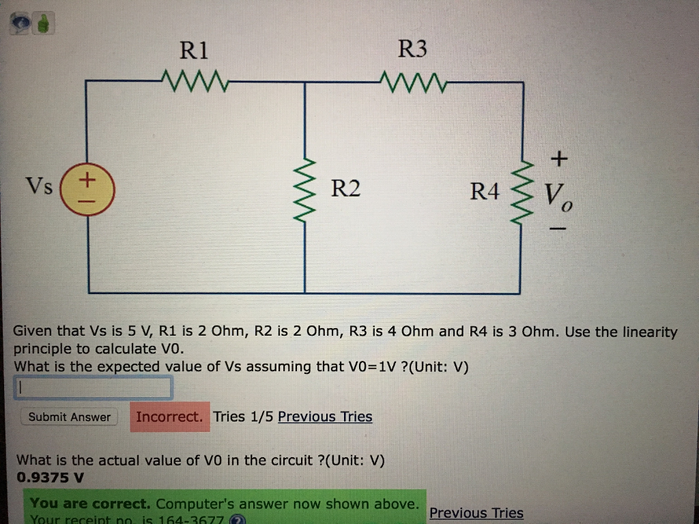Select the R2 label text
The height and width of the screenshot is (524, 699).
click(x=345, y=188)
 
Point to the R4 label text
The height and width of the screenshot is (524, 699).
click(x=485, y=192)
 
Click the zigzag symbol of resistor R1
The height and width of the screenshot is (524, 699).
click(x=194, y=81)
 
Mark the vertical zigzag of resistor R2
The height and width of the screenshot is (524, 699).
click(x=305, y=192)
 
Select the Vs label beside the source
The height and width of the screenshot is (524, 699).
click(x=39, y=186)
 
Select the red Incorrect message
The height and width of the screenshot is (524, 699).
click(x=169, y=417)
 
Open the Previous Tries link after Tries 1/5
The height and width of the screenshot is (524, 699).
click(x=325, y=417)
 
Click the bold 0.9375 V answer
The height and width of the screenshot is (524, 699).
click(x=51, y=478)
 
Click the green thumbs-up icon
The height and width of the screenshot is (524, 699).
click(x=44, y=25)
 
